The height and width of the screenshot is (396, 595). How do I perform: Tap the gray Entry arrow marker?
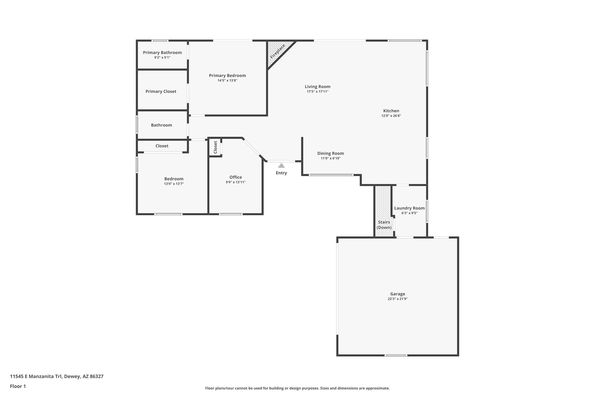[281, 166]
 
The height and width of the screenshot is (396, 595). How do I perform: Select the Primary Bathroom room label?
[162, 53]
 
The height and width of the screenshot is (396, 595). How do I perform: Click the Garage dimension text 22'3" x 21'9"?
[397, 299]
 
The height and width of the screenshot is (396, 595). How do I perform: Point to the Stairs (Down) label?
[384, 225]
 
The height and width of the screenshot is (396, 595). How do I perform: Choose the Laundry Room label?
[409, 208]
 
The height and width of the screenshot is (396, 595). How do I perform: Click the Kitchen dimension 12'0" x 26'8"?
[391, 116]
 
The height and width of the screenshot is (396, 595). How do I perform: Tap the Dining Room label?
[330, 153]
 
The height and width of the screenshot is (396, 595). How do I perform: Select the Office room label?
[236, 177]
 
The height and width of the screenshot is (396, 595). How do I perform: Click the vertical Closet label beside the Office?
[215, 147]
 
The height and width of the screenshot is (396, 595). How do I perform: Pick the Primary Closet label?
[161, 91]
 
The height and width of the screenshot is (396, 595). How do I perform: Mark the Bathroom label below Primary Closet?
[161, 125]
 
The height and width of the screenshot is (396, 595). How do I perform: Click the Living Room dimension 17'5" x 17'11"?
[318, 92]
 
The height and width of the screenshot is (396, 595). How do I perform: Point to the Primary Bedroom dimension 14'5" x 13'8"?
[227, 80]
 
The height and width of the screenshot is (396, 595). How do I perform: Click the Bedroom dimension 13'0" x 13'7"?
[174, 184]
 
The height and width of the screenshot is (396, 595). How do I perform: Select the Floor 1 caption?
[18, 386]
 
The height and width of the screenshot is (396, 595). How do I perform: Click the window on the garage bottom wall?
[396, 355]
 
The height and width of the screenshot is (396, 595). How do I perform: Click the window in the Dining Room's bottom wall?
[331, 175]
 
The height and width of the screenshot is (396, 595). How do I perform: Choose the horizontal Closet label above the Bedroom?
[162, 146]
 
